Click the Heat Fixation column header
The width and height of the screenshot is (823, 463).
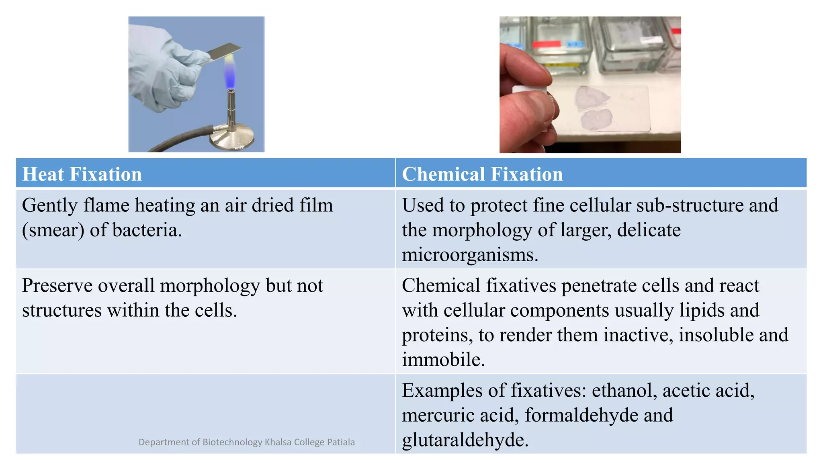[82, 174]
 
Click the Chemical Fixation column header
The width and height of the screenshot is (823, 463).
[482, 174]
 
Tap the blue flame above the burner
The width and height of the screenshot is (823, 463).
[230, 76]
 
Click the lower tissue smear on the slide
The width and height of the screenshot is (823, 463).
[596, 120]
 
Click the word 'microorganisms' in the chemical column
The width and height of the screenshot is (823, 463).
[469, 255]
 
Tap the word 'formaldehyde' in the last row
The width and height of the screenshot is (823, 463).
[581, 415]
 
